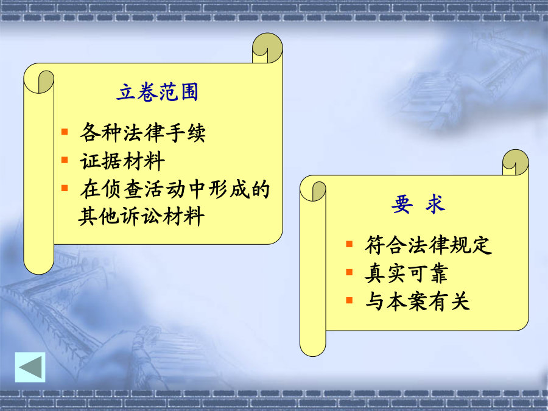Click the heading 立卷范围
point(158,93)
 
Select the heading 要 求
point(418,204)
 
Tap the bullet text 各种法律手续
point(143,133)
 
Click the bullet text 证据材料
point(122,161)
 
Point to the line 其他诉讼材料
point(141,216)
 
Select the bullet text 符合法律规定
point(428,245)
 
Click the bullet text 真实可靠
point(407,273)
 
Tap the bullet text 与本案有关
point(417,301)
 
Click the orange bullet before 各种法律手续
point(65,132)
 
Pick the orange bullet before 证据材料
point(65,160)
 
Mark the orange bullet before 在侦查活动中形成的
point(65,188)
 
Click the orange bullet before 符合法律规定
point(349,244)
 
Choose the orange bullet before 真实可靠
point(349,272)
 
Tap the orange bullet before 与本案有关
point(349,300)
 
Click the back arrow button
point(30,367)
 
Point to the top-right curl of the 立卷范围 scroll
point(267,48)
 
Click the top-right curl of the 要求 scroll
point(516,163)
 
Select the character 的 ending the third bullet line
point(260,189)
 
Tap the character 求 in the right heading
point(435,204)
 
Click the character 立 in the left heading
point(126,93)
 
